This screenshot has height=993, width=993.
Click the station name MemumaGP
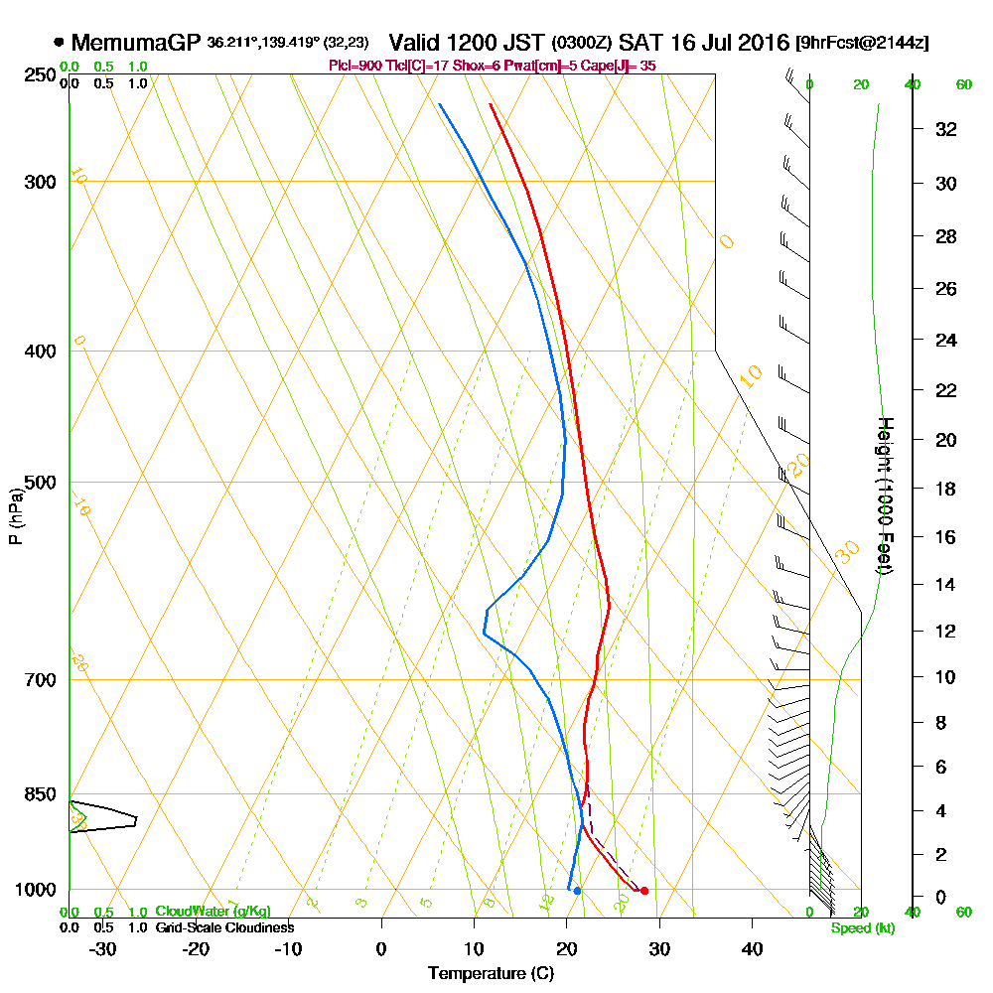(x=136, y=43)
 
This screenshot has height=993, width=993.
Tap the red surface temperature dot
(x=644, y=891)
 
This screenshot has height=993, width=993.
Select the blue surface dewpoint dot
(x=577, y=891)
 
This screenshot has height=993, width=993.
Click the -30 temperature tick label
(x=102, y=948)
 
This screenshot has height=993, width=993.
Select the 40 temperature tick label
(x=752, y=948)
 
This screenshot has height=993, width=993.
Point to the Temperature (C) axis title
(x=491, y=973)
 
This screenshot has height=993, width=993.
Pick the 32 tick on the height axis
(x=946, y=129)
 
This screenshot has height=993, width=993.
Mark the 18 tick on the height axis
(x=946, y=489)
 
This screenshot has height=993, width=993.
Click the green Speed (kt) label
(x=861, y=928)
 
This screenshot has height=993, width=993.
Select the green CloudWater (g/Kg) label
(x=212, y=912)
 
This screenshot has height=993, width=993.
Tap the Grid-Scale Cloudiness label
(x=224, y=927)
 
